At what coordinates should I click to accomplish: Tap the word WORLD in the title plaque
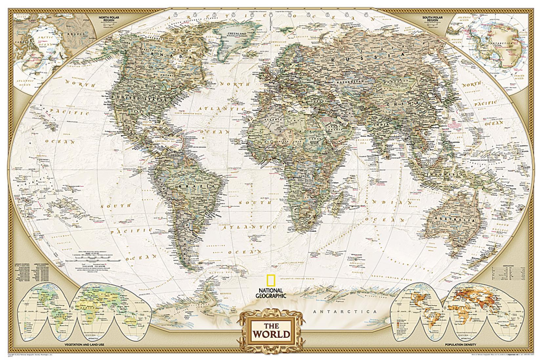point(271,334)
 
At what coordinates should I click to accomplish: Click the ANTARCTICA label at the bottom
point(344,311)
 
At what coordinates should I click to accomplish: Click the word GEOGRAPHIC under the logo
point(271,296)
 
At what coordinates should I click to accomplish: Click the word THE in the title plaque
point(271,326)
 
